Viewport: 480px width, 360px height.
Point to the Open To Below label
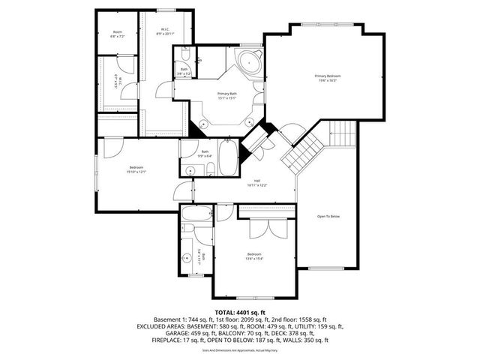tap(328, 216)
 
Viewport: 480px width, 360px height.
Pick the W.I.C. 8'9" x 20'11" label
tap(165, 32)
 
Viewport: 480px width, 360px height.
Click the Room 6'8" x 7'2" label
tap(117, 34)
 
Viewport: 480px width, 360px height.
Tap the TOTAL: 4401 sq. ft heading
tap(239, 311)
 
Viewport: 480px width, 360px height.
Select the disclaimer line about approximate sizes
tap(239, 349)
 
